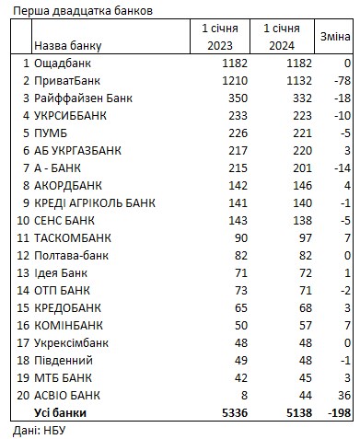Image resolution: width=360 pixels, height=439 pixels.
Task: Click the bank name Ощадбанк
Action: pos(63,63)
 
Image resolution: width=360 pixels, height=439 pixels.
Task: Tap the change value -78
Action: pos(340,80)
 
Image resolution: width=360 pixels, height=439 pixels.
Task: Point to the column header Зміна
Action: pos(334,36)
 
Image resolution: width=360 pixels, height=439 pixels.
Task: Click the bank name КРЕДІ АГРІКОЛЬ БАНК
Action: pos(95,202)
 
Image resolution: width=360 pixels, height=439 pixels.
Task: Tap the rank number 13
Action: pos(21,272)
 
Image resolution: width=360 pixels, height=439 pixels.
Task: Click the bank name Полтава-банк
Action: pos(71,255)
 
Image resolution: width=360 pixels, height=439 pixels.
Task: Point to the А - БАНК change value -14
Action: pos(340,168)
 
